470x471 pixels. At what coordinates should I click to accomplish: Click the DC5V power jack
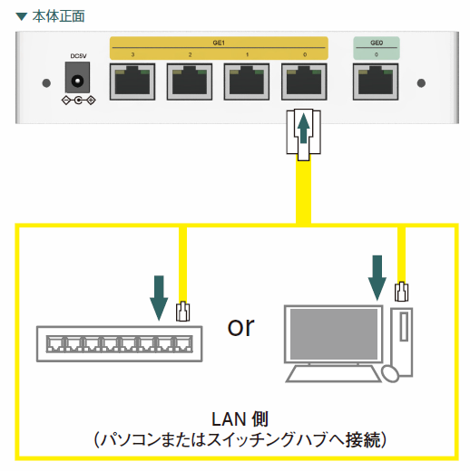click(x=77, y=78)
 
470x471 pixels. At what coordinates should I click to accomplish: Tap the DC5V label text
click(x=78, y=56)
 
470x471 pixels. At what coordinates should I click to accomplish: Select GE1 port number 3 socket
click(x=132, y=82)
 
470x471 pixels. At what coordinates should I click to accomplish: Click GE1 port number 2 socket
click(x=190, y=82)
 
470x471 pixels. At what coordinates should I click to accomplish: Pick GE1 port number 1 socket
click(x=247, y=82)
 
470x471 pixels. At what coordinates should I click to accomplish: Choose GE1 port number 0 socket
click(x=304, y=82)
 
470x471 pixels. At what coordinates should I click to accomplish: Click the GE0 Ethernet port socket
click(x=376, y=82)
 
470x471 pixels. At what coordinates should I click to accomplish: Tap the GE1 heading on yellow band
click(x=219, y=43)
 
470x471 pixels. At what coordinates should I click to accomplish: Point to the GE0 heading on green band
click(x=377, y=43)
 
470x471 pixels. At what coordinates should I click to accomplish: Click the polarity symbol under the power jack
click(x=79, y=100)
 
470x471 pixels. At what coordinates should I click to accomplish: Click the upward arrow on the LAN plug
click(x=304, y=128)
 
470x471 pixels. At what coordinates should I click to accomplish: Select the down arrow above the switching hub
click(x=159, y=298)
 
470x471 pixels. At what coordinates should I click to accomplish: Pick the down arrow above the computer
click(x=377, y=278)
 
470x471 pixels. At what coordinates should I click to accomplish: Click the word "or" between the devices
click(x=240, y=327)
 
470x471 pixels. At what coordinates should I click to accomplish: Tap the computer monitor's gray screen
click(x=334, y=334)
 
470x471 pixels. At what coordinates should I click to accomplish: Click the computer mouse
click(x=390, y=374)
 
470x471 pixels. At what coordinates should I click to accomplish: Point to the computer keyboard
click(x=333, y=374)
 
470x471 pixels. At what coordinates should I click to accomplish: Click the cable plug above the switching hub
click(x=183, y=312)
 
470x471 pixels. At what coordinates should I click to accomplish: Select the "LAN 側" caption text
click(x=240, y=419)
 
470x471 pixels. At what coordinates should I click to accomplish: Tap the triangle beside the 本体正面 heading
click(x=22, y=16)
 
